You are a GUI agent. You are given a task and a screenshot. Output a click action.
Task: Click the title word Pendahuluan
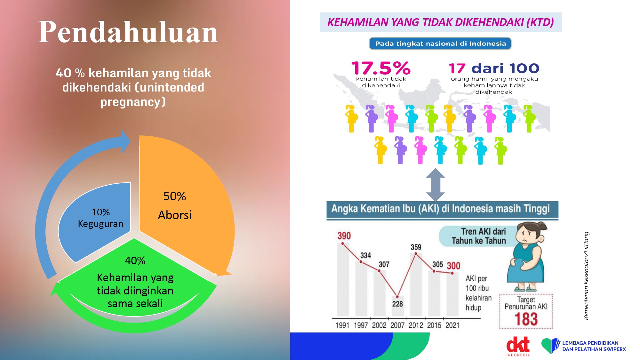[x=128, y=32]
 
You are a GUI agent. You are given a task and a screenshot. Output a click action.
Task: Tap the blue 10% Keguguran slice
[x=96, y=221]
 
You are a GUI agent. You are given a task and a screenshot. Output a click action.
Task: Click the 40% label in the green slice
[x=135, y=260]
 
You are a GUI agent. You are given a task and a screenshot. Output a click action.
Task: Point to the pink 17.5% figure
[x=381, y=68]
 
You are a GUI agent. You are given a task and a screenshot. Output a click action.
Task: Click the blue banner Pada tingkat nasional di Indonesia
[x=440, y=44]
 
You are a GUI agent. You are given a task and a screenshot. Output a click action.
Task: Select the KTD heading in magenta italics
[x=441, y=22]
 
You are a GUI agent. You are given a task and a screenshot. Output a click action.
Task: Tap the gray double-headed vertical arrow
[x=436, y=185]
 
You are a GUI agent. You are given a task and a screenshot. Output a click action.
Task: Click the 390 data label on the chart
[x=344, y=236]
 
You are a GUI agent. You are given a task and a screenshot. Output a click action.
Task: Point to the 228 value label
[x=397, y=304]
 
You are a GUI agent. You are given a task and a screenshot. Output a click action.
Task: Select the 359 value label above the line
[x=416, y=247]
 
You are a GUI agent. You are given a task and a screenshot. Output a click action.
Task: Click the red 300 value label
[x=453, y=266]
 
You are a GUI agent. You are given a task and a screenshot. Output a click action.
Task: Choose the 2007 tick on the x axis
[x=397, y=325]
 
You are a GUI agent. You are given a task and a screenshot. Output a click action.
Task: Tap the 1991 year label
[x=342, y=325]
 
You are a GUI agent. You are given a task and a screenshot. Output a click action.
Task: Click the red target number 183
[x=526, y=319]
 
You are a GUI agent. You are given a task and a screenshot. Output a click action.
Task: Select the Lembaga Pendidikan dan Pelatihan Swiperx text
[x=594, y=346]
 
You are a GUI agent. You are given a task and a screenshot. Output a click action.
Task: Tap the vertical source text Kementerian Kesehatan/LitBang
[x=586, y=276]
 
